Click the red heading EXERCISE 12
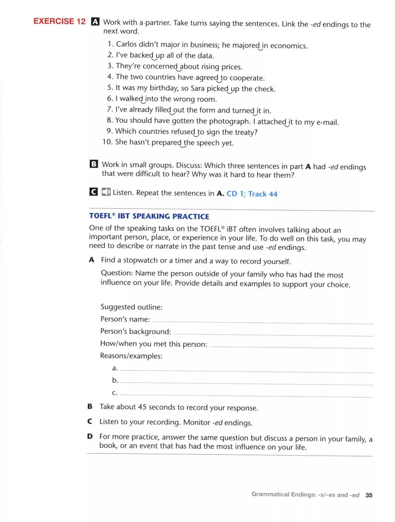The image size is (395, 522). click(59, 21)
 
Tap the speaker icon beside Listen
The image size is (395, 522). click(106, 192)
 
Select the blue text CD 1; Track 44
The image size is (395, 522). click(252, 194)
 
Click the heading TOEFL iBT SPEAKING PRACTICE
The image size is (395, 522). click(149, 216)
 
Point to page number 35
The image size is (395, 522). click(369, 495)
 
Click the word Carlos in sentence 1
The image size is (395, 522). click(126, 44)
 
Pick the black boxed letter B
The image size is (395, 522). click(94, 164)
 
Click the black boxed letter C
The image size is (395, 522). click(94, 192)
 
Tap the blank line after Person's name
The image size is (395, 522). click(263, 322)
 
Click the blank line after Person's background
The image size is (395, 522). click(273, 334)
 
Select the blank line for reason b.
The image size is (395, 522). click(247, 383)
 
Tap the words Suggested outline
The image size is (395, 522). click(131, 307)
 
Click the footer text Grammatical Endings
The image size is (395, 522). click(284, 494)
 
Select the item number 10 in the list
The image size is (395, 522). click(107, 142)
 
